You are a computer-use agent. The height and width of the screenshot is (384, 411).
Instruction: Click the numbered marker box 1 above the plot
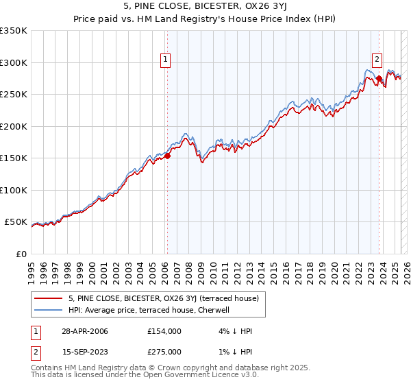(x=166, y=60)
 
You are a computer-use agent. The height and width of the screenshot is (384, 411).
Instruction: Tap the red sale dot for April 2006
(x=168, y=156)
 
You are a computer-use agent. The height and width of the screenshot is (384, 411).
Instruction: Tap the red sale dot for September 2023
(x=379, y=79)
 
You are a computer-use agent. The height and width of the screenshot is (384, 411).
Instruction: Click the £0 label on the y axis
(x=21, y=254)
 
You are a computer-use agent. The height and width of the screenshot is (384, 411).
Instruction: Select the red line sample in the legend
(x=49, y=298)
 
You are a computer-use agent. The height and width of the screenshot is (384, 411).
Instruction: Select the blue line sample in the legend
(x=49, y=310)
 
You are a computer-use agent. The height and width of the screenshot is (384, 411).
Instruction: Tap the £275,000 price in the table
(x=164, y=352)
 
